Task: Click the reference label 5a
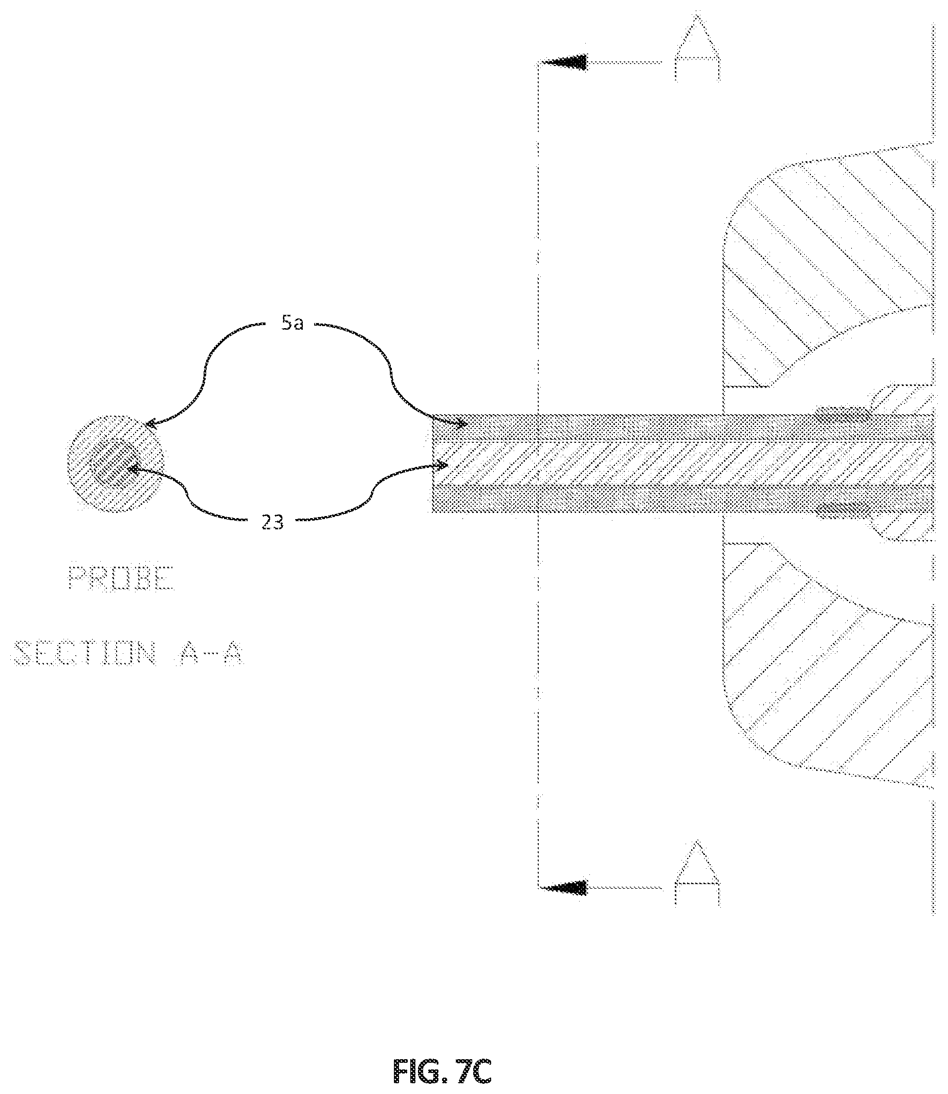293,323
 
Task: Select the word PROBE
121,578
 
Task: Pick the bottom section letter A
697,873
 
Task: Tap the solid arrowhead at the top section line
564,62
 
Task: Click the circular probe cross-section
115,463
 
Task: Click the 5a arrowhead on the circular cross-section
151,423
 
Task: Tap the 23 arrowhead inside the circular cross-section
133,468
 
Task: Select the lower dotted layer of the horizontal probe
682,499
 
